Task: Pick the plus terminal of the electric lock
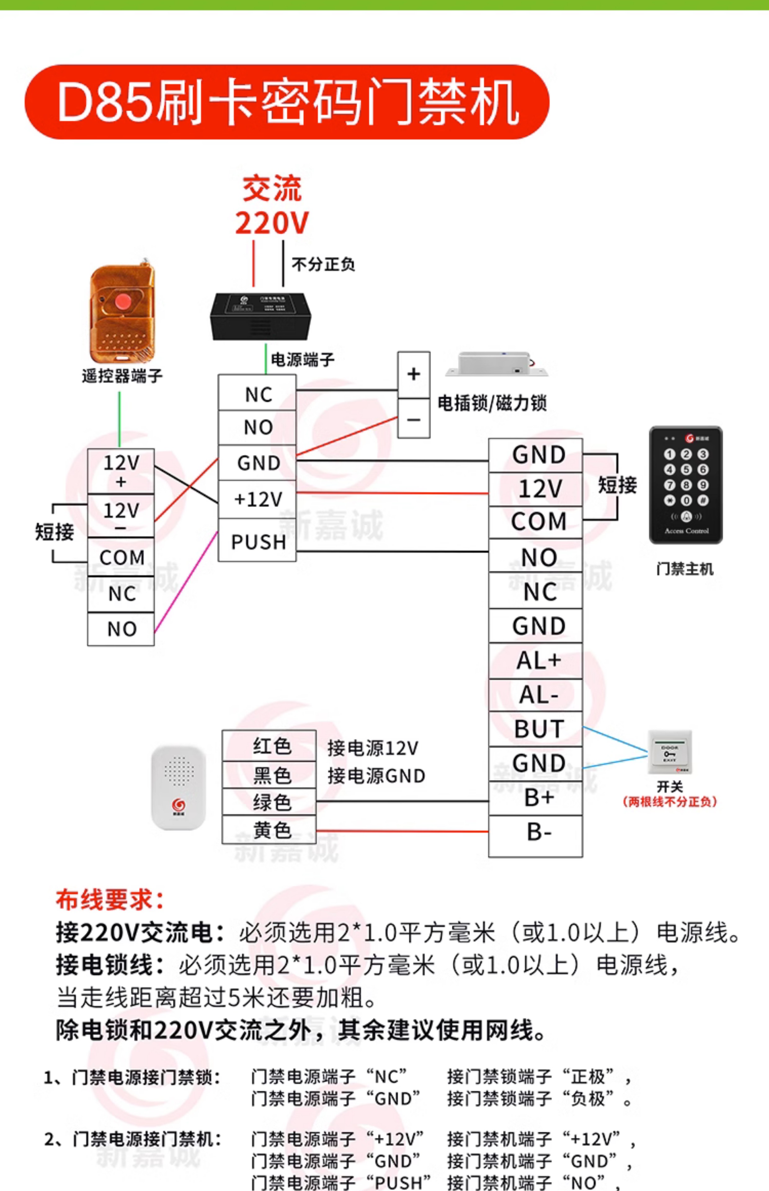pos(413,374)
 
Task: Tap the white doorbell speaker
pos(178,787)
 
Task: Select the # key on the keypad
pos(703,500)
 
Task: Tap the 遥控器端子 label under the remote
pos(122,376)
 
